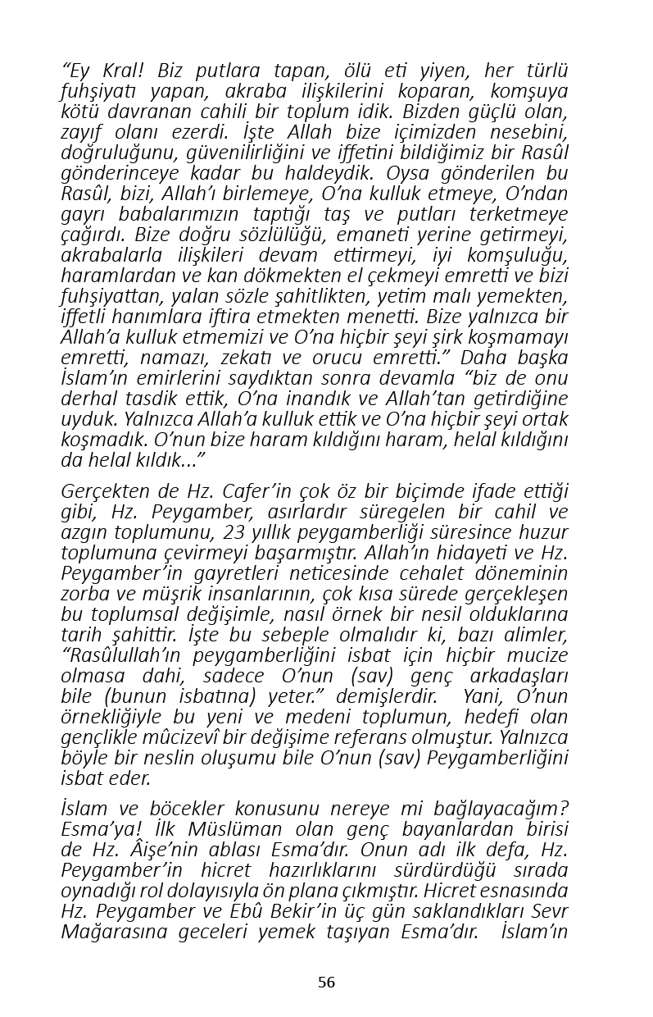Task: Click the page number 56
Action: (x=326, y=983)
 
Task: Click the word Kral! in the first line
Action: (x=120, y=71)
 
